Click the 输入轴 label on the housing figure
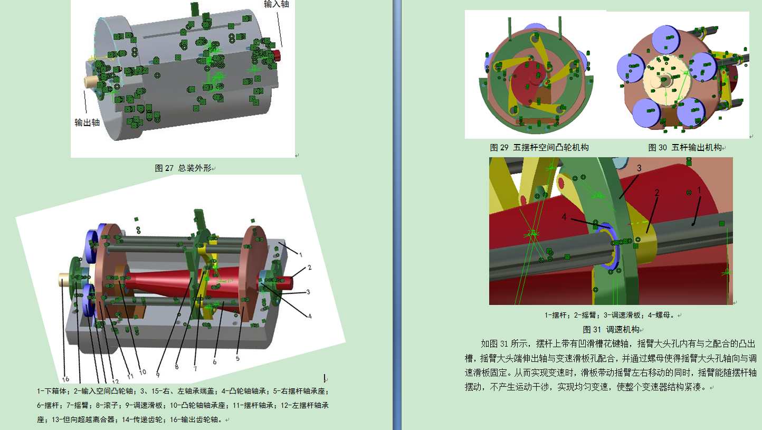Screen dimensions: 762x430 point(276,4)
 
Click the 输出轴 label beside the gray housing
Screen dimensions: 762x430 point(87,122)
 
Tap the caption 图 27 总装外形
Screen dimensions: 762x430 point(183,168)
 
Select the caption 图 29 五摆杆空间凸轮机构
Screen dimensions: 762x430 point(539,148)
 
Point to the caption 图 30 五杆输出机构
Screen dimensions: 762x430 point(685,148)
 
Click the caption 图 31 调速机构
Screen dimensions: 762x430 point(611,329)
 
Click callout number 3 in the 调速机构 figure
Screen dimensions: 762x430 point(639,168)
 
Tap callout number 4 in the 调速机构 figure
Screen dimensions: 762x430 point(564,217)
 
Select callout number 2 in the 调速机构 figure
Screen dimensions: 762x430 point(657,193)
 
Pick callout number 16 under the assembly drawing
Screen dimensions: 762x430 point(65,379)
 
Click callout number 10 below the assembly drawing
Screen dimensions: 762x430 point(142,372)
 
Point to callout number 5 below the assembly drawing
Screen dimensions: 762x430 point(237,358)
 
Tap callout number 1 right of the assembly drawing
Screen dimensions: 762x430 point(301,254)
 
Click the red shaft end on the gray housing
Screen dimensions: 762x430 point(277,55)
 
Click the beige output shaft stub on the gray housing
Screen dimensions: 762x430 point(91,82)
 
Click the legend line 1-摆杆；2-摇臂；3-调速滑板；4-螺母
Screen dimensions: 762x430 point(609,316)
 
